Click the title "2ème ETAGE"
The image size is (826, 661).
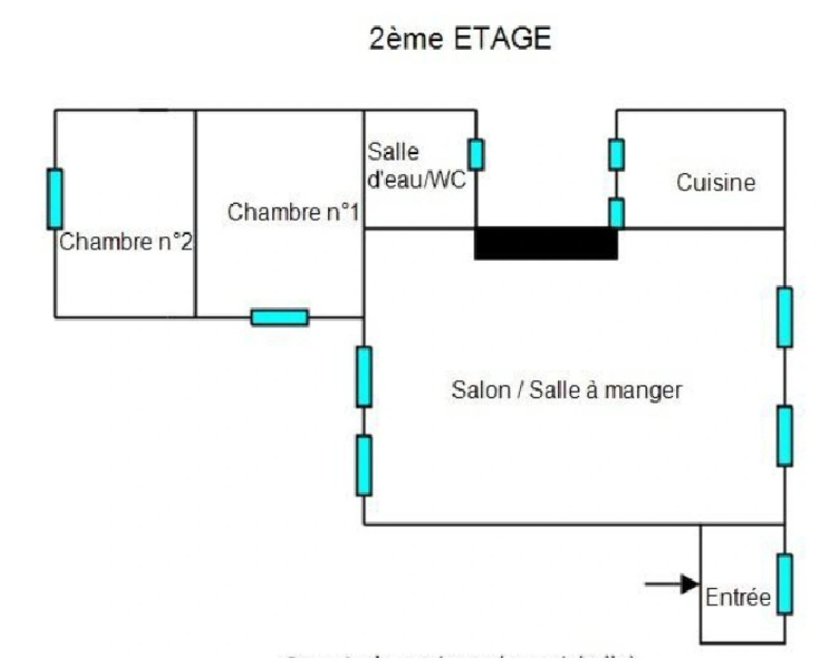point(460,39)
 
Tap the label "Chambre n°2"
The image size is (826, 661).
point(125,242)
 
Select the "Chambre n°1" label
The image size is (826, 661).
point(292,212)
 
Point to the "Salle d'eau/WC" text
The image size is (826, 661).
point(416,165)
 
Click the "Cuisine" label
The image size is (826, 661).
point(715,182)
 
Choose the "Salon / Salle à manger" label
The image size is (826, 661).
point(567,390)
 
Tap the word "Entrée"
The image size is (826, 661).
point(737,597)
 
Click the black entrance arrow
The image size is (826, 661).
point(673,584)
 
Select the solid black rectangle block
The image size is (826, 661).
point(546,243)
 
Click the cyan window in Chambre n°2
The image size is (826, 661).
point(55,199)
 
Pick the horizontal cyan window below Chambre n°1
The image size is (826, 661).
point(280,317)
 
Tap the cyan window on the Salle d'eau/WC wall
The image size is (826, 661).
point(476,154)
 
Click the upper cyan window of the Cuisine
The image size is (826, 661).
point(617,154)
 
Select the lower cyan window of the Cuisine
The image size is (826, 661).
point(617,213)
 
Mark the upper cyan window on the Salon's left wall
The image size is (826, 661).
point(364,376)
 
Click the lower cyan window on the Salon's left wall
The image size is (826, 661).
point(364,465)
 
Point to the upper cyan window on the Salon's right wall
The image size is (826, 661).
point(784,317)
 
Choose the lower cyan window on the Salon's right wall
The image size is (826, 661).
point(784,436)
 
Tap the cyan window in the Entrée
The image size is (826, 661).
point(784,584)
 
